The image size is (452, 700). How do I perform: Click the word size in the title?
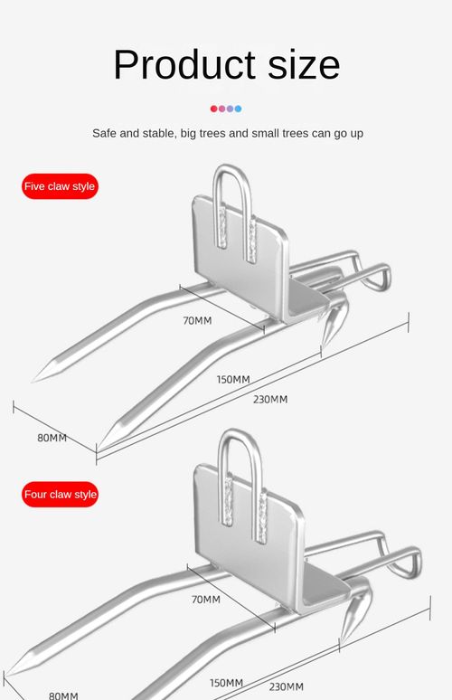click(304, 64)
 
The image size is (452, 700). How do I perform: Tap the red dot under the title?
click(213, 109)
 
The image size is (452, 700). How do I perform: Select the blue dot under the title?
click(238, 109)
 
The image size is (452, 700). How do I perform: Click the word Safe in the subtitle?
click(104, 133)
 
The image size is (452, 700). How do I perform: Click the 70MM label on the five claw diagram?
click(197, 320)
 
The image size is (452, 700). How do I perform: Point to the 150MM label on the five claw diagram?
click(233, 380)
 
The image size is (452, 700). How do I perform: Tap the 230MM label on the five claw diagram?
click(270, 399)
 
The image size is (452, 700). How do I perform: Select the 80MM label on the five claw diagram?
click(52, 438)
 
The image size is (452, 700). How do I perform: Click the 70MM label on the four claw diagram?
click(206, 599)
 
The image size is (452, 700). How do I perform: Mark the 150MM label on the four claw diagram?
click(227, 683)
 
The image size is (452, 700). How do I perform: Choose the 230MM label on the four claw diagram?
click(286, 686)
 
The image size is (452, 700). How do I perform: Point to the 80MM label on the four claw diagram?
click(63, 695)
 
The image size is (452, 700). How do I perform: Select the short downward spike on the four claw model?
click(353, 620)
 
